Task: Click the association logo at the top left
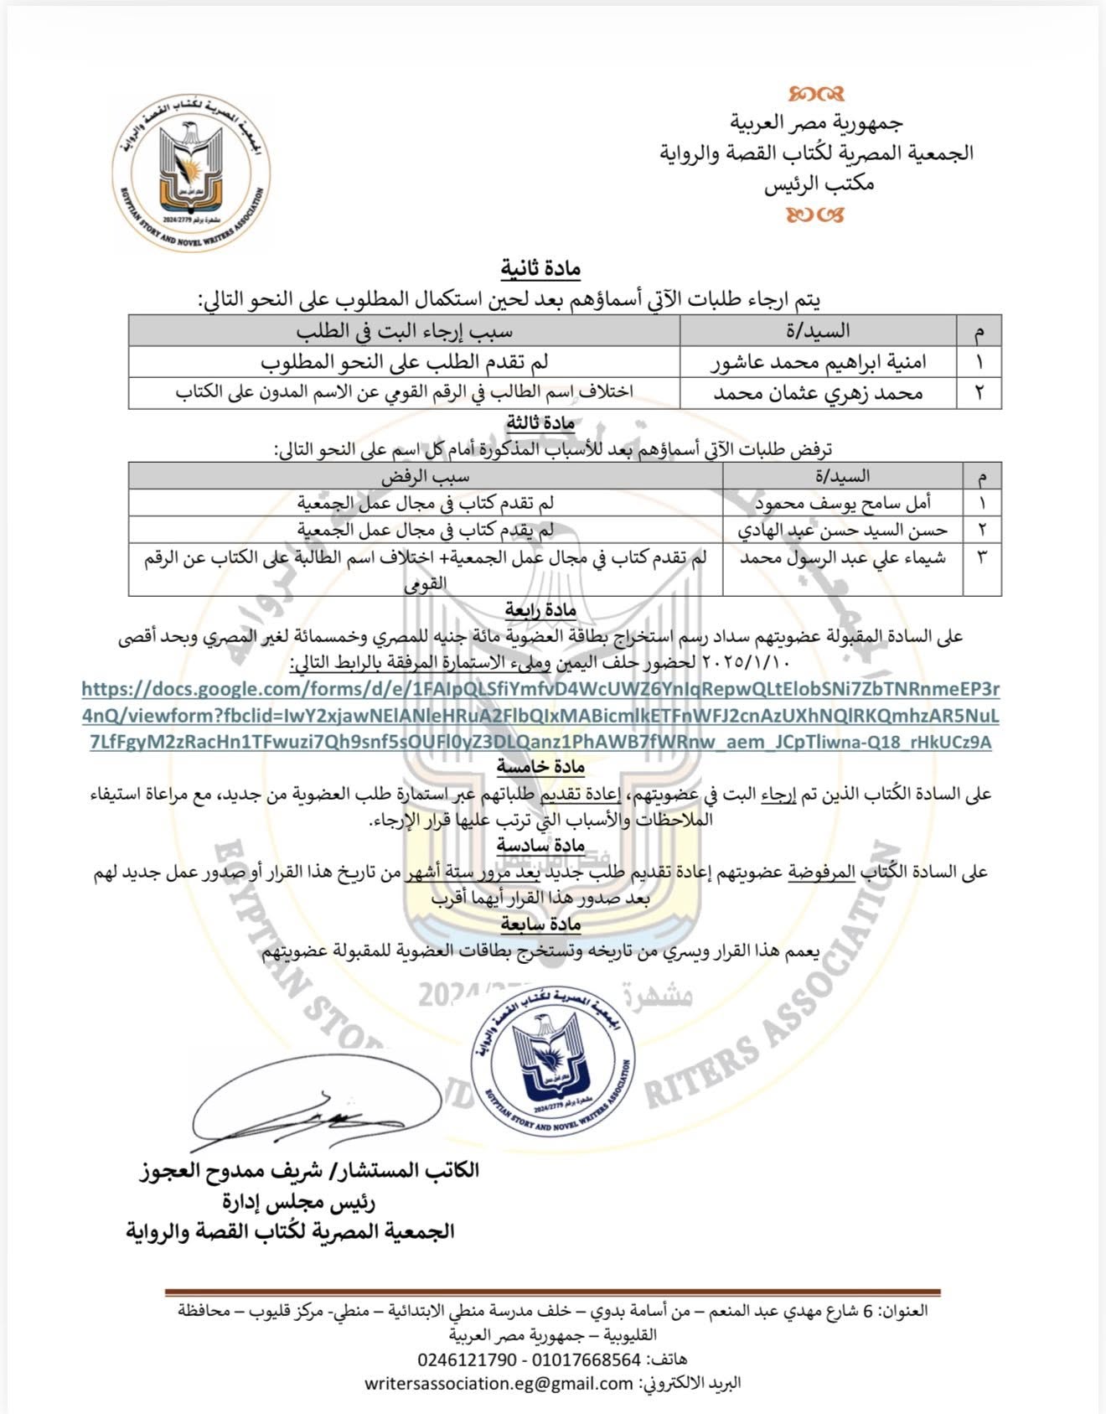click(x=191, y=173)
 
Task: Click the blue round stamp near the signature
click(x=552, y=1062)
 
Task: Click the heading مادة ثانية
click(x=540, y=269)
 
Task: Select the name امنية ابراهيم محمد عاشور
click(x=819, y=363)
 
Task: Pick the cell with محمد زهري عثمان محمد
click(x=818, y=393)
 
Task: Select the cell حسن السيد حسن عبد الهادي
click(x=842, y=530)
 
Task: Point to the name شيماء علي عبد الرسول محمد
click(x=842, y=558)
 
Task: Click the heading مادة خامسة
click(x=540, y=766)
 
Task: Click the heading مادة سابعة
click(x=540, y=924)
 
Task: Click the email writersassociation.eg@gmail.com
click(x=499, y=1383)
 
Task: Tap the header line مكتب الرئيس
click(x=819, y=184)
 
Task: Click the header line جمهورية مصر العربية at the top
click(x=816, y=123)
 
